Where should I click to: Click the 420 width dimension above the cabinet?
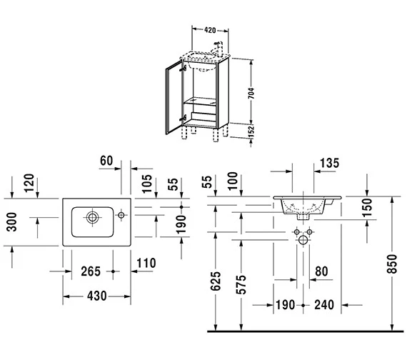click(x=210, y=31)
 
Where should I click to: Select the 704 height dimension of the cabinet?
click(x=251, y=94)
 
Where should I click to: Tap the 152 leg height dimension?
click(x=251, y=131)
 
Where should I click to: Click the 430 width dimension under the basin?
click(x=97, y=296)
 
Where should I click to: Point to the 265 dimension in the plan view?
click(x=91, y=271)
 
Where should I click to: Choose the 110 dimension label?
click(x=146, y=263)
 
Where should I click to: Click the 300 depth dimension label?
click(x=11, y=222)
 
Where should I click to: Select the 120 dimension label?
click(x=29, y=183)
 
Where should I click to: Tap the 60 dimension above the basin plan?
click(x=106, y=161)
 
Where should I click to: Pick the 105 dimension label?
click(x=147, y=184)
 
